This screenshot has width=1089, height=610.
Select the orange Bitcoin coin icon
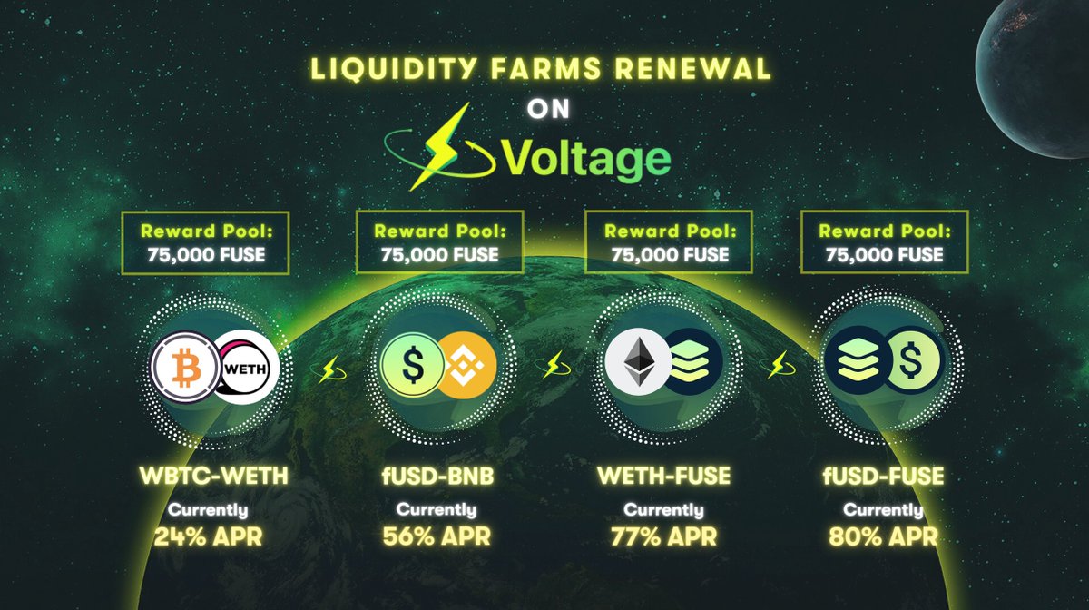point(186,367)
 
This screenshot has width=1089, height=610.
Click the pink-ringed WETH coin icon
point(247,367)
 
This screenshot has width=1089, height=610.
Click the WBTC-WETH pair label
point(216,476)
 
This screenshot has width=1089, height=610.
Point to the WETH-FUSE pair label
point(662,476)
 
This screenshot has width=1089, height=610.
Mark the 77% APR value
point(662,536)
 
